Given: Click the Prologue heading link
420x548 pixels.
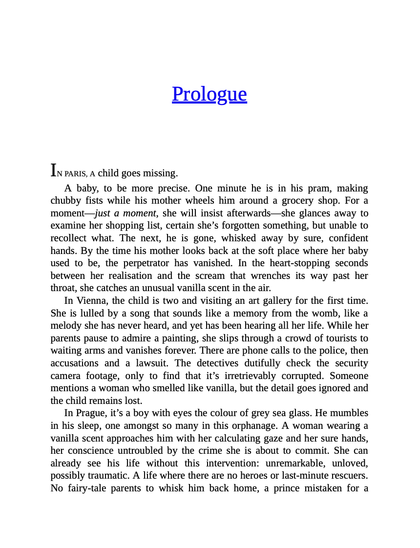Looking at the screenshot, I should (x=209, y=94).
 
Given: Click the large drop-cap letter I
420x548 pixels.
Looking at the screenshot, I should (x=53, y=170).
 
